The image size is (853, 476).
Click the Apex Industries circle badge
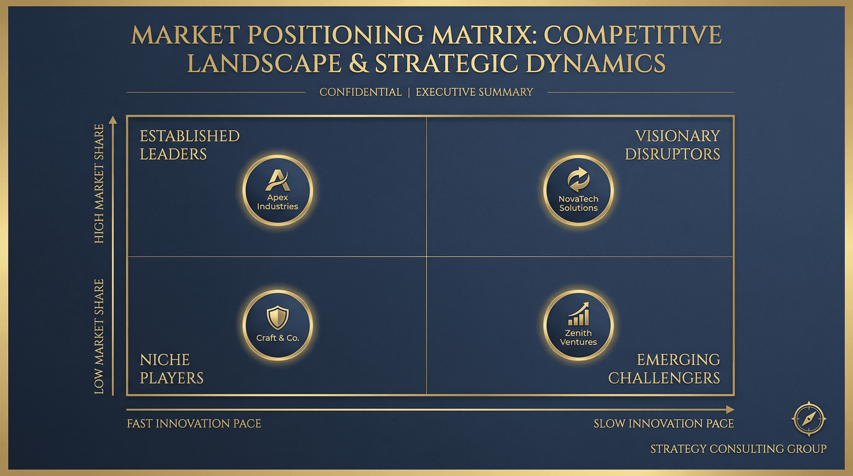click(277, 191)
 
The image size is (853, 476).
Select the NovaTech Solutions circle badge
click(578, 191)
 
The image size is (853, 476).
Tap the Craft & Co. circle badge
click(277, 325)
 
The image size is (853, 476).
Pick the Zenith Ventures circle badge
click(578, 325)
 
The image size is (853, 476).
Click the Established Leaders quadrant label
click(189, 145)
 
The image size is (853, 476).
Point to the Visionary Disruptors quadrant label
click(672, 145)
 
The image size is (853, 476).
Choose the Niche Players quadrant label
click(171, 369)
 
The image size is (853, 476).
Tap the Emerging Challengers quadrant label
click(664, 369)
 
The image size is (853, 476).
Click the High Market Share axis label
click(99, 184)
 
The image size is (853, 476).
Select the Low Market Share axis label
click(99, 336)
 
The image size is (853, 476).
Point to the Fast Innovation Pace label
click(194, 424)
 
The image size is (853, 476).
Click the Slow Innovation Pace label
click(664, 424)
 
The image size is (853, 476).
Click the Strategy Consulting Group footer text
click(738, 449)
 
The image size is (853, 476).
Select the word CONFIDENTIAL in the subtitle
click(360, 92)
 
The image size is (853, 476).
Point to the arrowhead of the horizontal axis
click(730, 410)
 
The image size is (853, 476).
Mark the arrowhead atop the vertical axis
click(113, 120)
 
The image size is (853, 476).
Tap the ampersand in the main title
click(359, 63)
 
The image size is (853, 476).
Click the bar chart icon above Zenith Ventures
click(579, 314)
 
